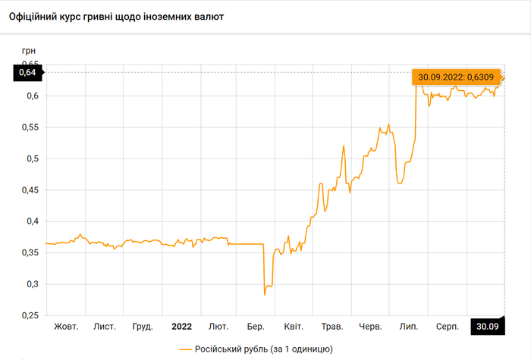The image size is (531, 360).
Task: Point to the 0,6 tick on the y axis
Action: click(x=33, y=95)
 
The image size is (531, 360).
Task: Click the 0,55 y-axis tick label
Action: click(x=30, y=127)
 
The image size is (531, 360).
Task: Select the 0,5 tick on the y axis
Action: click(x=33, y=158)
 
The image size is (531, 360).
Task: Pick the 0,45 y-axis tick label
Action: click(x=30, y=190)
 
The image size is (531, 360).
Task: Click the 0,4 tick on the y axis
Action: click(x=33, y=221)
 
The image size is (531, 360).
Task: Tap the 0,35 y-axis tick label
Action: click(x=30, y=252)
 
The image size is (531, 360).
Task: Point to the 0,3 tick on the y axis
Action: click(x=33, y=284)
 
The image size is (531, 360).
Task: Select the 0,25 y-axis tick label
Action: click(x=30, y=315)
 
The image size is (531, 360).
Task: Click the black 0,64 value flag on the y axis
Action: click(x=27, y=72)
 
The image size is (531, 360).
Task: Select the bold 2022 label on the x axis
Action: click(x=181, y=327)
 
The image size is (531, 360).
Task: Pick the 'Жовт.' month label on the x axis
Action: click(x=66, y=327)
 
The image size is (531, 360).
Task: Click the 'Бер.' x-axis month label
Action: click(x=256, y=327)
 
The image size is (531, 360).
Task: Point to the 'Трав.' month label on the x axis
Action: click(x=332, y=327)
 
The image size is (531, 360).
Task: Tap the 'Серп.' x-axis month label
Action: click(x=446, y=327)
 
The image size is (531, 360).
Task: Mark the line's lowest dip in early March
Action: click(x=265, y=294)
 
